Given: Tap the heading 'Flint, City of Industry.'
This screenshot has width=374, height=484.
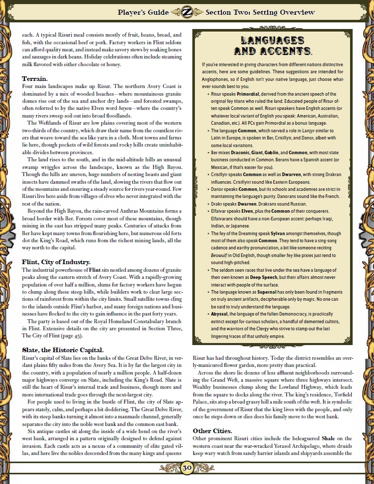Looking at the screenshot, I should pos(56,262).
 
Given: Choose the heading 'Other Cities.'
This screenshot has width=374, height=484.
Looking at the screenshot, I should pos(212,431).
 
